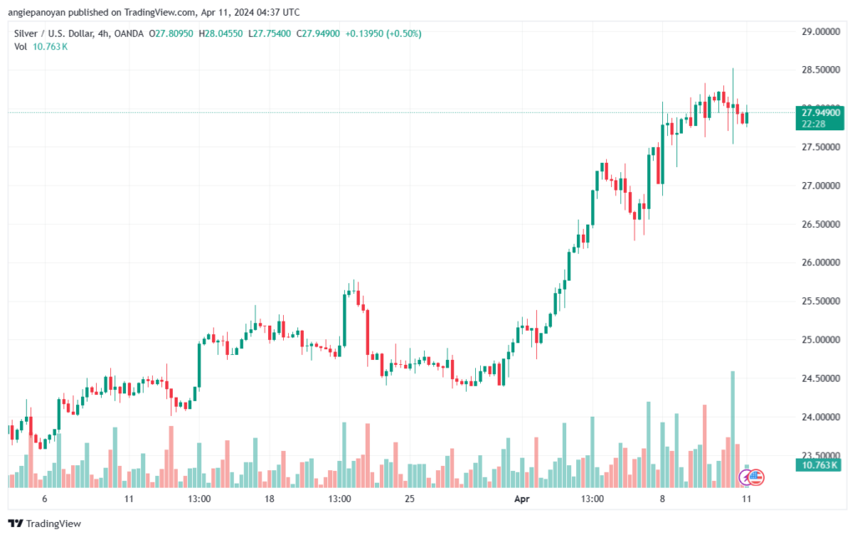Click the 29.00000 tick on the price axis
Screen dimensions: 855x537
[x=820, y=32]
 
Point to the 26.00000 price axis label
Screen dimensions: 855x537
[x=820, y=262]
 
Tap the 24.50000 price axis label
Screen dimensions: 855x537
[x=820, y=378]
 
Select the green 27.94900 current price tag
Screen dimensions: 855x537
[x=820, y=118]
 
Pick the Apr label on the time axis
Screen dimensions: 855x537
[x=522, y=499]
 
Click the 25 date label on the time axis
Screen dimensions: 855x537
[x=409, y=499]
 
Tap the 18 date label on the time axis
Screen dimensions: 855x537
[x=270, y=499]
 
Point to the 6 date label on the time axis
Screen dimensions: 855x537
[x=45, y=499]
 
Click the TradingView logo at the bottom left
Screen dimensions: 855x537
[x=45, y=524]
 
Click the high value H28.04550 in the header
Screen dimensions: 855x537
[x=220, y=33]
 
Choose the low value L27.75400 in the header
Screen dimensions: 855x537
[x=270, y=33]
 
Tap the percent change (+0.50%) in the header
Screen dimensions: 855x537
[x=403, y=33]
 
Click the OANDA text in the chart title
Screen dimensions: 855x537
[x=129, y=33]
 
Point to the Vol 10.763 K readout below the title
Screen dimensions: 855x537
[x=41, y=47]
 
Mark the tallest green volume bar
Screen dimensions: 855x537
[x=733, y=429]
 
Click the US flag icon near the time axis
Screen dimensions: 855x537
[x=755, y=478]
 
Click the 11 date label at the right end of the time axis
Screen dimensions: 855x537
[x=746, y=499]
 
